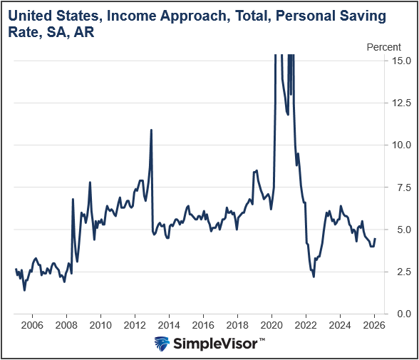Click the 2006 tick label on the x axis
[x=33, y=324]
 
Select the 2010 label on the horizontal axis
[x=101, y=324]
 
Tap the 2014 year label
[x=169, y=324]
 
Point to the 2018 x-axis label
[x=237, y=324]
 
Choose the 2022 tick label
[x=306, y=324]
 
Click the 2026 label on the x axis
[x=374, y=324]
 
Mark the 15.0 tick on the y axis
[x=400, y=61]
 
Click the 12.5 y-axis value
[x=400, y=103]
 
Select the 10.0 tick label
[x=400, y=145]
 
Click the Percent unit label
[x=383, y=47]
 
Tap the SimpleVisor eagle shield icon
[x=163, y=344]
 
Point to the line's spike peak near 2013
[x=151, y=130]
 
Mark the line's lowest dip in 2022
[x=314, y=277]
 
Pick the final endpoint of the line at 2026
[x=375, y=239]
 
